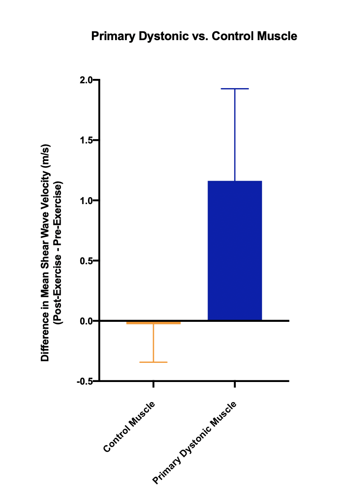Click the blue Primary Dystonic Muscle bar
(x=234, y=250)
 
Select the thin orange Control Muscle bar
(x=153, y=323)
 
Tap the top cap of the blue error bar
(x=234, y=89)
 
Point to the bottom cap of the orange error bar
(x=153, y=362)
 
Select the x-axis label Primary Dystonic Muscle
(x=195, y=443)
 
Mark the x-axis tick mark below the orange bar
(x=153, y=384)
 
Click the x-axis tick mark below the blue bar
(x=234, y=384)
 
